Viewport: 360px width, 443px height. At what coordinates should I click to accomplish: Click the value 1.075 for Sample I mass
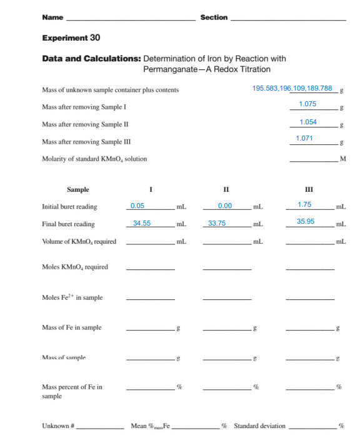(x=307, y=104)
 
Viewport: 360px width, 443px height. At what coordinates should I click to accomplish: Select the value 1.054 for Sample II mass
(x=308, y=122)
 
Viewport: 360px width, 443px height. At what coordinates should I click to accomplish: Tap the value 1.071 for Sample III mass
(x=304, y=138)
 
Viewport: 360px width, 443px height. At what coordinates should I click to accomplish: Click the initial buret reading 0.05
(x=137, y=206)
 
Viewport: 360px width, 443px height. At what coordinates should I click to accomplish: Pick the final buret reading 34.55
(x=142, y=223)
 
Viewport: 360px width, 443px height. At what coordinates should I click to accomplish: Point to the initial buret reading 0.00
(x=225, y=206)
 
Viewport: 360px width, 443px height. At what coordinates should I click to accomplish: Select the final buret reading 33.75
(x=217, y=223)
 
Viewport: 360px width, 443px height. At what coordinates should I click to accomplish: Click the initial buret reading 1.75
(x=304, y=205)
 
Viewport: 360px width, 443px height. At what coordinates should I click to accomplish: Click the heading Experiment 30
(x=71, y=38)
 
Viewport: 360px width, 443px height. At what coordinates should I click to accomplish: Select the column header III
(x=309, y=189)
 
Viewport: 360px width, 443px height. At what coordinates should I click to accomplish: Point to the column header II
(x=226, y=189)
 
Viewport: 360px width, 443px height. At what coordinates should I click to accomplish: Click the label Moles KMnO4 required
(x=74, y=267)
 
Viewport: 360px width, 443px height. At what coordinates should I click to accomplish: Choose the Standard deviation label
(x=259, y=426)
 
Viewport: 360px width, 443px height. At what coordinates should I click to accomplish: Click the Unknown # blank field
(x=99, y=428)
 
